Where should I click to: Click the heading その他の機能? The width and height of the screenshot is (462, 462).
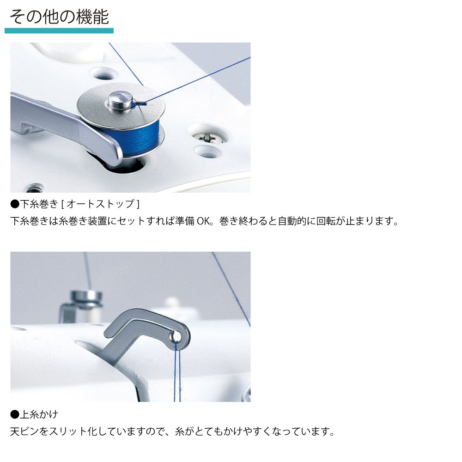pos(59,17)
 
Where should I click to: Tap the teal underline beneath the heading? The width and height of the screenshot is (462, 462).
pos(59,30)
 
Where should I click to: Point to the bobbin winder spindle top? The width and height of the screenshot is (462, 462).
pos(121,101)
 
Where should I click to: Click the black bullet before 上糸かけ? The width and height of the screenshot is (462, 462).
pos(15,414)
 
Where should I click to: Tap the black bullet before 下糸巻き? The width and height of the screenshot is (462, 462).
pos(15,204)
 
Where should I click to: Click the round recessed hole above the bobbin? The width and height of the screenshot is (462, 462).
pos(103,73)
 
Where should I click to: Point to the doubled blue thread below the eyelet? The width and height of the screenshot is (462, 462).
pos(177,371)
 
